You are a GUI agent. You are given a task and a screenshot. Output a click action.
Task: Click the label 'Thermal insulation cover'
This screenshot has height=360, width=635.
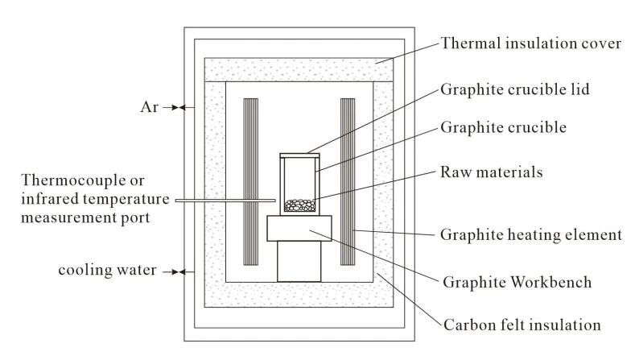(531, 43)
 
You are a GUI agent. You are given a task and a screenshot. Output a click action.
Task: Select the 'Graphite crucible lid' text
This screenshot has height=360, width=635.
(515, 89)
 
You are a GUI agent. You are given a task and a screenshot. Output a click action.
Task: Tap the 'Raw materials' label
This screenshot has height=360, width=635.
(491, 172)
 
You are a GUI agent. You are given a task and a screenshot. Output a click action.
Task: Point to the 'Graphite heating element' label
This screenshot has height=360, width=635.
(531, 234)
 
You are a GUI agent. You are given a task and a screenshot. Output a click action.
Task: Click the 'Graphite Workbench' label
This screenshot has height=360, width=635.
(517, 282)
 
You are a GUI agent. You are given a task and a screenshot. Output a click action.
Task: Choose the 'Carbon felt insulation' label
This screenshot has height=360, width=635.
(522, 325)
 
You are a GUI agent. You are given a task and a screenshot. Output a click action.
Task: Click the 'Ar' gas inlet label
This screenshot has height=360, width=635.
(149, 107)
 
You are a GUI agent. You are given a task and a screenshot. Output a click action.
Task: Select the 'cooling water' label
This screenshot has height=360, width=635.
(107, 270)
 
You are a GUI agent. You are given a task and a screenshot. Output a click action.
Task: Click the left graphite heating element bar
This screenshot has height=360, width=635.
(250, 182)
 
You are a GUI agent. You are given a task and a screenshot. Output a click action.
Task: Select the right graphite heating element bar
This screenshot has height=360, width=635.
(348, 182)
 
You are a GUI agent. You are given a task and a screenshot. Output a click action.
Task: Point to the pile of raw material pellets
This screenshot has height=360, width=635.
(299, 205)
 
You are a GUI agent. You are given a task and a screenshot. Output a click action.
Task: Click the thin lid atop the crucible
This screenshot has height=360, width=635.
(299, 155)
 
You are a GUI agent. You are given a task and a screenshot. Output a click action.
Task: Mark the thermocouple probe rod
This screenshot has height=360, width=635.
(225, 201)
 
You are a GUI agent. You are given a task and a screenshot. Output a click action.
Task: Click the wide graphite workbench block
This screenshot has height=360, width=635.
(299, 228)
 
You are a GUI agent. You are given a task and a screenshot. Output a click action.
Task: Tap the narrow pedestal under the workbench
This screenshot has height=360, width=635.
(299, 262)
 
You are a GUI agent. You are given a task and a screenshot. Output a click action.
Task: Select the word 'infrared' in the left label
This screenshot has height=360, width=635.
(48, 199)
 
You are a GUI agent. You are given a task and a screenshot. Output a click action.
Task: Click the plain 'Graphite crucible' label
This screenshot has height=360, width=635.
(503, 127)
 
